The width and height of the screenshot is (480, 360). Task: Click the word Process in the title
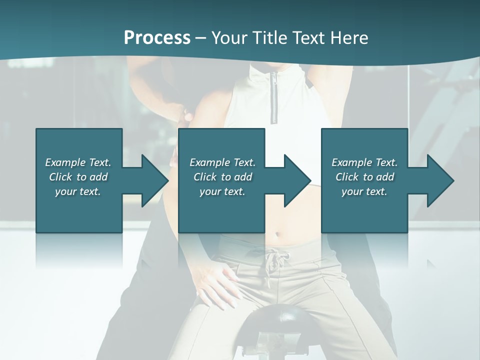(157, 38)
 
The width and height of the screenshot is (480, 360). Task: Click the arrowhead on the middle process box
(296, 180)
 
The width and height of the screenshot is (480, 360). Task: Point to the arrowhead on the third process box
(439, 180)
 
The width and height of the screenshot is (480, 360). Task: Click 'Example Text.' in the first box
(78, 162)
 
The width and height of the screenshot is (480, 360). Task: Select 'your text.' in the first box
(78, 191)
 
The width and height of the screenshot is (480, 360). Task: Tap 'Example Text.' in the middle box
(222, 162)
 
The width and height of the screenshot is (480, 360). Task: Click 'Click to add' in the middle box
(222, 177)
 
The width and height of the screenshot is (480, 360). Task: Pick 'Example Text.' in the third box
(364, 162)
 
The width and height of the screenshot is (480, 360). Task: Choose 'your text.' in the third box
(364, 191)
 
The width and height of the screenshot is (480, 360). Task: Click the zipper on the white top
(274, 97)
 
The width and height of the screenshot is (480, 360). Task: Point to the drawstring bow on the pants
(274, 260)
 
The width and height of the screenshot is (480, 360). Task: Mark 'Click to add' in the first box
(78, 177)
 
